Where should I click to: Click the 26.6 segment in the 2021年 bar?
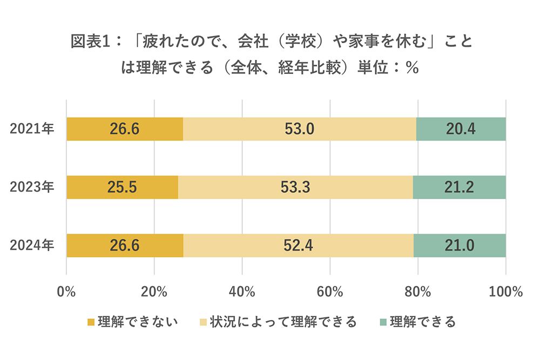pyautogui.click(x=125, y=129)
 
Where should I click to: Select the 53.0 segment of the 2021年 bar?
pyautogui.click(x=300, y=129)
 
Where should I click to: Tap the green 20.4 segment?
pyautogui.click(x=461, y=129)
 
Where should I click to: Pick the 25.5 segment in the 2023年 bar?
pyautogui.click(x=122, y=187)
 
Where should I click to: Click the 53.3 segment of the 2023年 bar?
pyautogui.click(x=295, y=187)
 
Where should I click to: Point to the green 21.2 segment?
pyautogui.click(x=460, y=187)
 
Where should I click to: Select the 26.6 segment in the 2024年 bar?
pyautogui.click(x=125, y=246)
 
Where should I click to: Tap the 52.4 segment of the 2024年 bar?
pyautogui.click(x=298, y=246)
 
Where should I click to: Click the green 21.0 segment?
pyautogui.click(x=460, y=246)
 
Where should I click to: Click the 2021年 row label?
pyautogui.click(x=32, y=129)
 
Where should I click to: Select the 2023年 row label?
pyautogui.click(x=32, y=187)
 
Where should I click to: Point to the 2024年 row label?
pyautogui.click(x=32, y=246)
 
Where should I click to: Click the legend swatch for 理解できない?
pyautogui.click(x=91, y=322)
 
